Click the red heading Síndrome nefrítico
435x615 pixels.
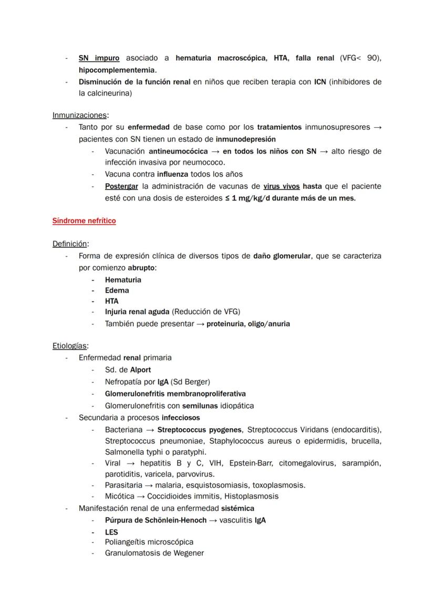pyautogui.click(x=84, y=221)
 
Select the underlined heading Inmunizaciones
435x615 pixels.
pyautogui.click(x=80, y=115)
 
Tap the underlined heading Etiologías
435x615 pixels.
pyautogui.click(x=70, y=346)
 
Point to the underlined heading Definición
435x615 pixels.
pyautogui.click(x=70, y=244)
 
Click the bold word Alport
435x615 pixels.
pyautogui.click(x=140, y=370)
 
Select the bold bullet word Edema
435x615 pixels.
pyautogui.click(x=117, y=290)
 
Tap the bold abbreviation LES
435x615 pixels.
pyautogui.click(x=111, y=532)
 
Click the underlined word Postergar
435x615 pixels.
pyautogui.click(x=121, y=186)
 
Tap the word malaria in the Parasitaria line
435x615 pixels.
pyautogui.click(x=162, y=485)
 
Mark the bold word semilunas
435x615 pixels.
pyautogui.click(x=200, y=406)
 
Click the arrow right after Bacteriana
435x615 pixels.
pyautogui.click(x=150, y=430)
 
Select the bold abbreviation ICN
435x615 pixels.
pyautogui.click(x=320, y=82)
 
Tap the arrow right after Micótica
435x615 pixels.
pyautogui.click(x=140, y=496)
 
